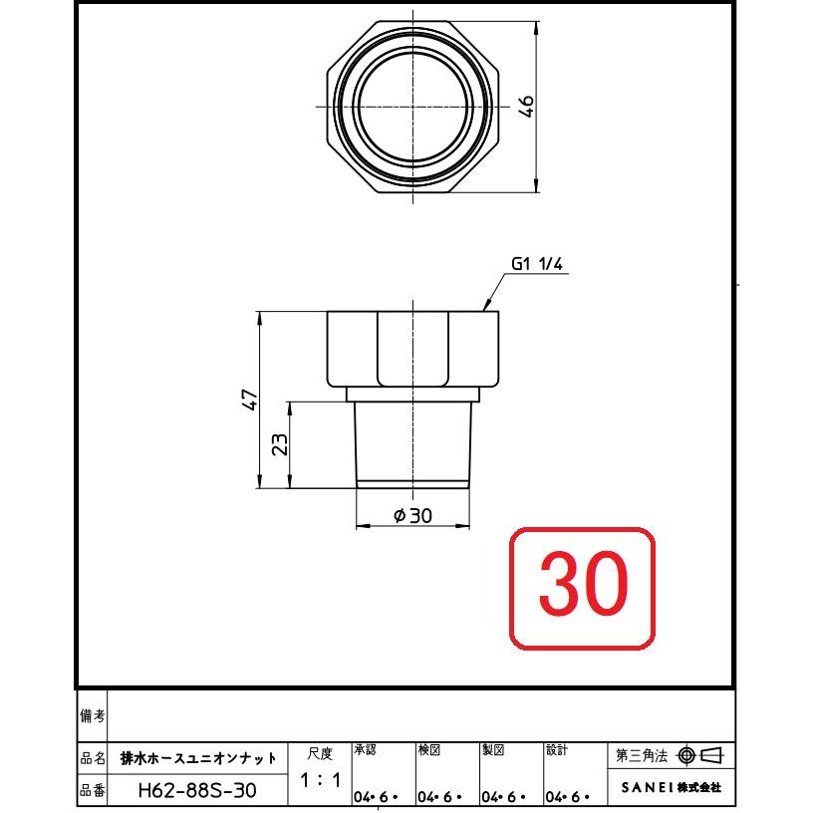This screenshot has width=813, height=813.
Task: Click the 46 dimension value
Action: [528, 106]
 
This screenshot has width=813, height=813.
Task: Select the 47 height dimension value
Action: [252, 400]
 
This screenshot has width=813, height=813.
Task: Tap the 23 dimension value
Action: [281, 444]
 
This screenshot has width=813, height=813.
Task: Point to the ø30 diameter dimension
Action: [412, 515]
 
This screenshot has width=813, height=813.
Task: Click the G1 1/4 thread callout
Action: [538, 264]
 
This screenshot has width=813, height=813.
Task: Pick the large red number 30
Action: [583, 584]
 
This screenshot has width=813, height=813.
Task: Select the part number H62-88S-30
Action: [196, 790]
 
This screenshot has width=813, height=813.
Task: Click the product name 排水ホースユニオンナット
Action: [198, 758]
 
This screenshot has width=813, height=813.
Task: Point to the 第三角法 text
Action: [644, 755]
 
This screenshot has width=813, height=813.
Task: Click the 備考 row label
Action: [92, 715]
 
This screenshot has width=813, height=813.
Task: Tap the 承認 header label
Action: [366, 749]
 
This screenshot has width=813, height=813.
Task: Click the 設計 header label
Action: [557, 749]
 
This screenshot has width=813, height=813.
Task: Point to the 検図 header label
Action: [429, 749]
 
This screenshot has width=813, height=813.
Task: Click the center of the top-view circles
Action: [412, 106]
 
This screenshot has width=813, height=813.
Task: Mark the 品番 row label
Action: [92, 790]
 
